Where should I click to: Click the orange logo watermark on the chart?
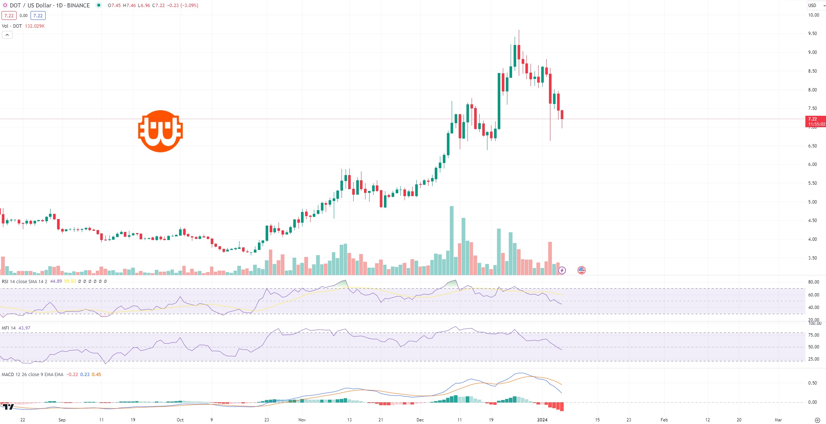160,131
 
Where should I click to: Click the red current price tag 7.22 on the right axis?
815,121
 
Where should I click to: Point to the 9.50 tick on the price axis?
812,34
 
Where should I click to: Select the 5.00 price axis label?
812,202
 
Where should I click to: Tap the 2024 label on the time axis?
542,420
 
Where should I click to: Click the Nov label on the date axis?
302,420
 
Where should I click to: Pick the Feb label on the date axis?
664,420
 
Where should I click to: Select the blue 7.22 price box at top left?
38,15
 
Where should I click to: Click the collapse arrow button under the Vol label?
7,35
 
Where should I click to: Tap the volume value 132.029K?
35,26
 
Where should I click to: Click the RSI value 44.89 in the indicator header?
56,281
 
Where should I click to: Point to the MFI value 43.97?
24,328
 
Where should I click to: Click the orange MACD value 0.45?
96,374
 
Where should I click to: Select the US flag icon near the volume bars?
581,270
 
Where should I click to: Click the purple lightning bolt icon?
562,270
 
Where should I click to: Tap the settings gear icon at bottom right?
817,420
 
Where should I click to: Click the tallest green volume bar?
452,240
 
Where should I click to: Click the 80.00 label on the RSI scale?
813,282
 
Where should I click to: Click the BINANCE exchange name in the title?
78,6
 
